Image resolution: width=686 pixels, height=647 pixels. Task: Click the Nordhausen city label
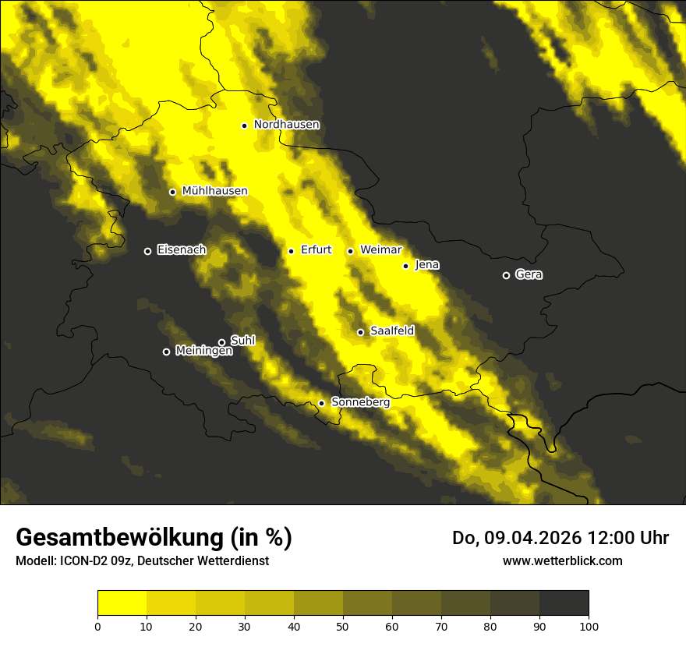tap(286, 125)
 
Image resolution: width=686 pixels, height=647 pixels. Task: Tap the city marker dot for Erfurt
tap(291, 251)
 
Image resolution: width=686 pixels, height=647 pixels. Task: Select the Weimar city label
tap(381, 250)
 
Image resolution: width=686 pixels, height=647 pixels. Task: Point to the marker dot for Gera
tap(506, 275)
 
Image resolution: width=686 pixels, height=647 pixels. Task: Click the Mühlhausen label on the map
tap(214, 191)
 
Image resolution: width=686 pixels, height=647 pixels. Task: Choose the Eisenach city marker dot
tap(147, 251)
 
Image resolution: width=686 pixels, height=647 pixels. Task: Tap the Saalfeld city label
tap(392, 331)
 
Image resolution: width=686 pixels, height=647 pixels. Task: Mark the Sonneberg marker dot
tap(321, 403)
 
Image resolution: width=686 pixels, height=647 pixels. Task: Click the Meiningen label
tap(203, 352)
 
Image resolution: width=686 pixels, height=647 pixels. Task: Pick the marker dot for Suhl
tap(221, 342)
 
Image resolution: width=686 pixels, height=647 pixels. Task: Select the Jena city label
tap(427, 265)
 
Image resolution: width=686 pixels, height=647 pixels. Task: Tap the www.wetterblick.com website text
tap(562, 560)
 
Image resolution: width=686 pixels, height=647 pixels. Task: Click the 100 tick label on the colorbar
tap(589, 625)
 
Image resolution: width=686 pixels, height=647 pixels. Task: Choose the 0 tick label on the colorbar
tap(97, 625)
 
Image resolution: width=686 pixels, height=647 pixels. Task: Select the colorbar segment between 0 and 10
tap(122, 603)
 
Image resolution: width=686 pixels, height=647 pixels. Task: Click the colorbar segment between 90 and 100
tap(564, 603)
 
